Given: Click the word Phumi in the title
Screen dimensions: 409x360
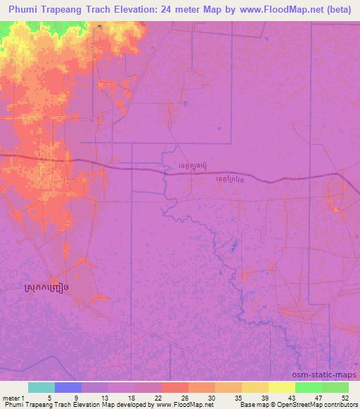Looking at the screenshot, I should pos(27,9).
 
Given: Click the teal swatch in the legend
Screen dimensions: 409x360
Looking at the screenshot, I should pos(41,387).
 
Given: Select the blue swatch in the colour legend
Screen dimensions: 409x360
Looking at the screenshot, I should pos(68,387).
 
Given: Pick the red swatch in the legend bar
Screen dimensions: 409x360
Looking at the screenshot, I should pos(175,387).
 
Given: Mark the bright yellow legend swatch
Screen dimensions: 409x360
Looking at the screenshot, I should pos(282,387).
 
